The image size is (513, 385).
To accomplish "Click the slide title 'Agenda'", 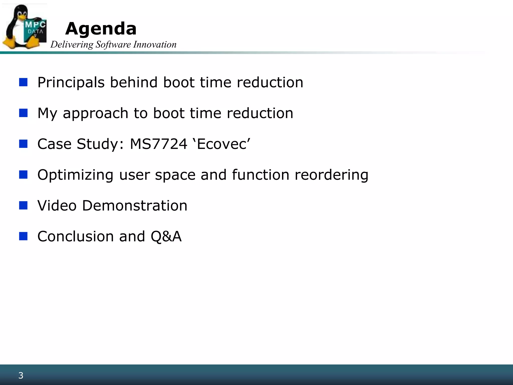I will pyautogui.click(x=101, y=29).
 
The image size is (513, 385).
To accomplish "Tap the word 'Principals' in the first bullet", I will pyautogui.click(x=71, y=82).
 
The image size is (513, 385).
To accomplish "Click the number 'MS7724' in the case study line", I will pyautogui.click(x=159, y=144).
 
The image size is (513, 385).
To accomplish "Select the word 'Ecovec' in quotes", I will pyautogui.click(x=222, y=144).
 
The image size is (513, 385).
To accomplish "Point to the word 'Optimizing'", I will pyautogui.click(x=75, y=175).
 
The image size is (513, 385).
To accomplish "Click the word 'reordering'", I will pyautogui.click(x=331, y=175).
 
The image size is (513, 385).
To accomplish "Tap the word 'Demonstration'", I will pyautogui.click(x=135, y=206).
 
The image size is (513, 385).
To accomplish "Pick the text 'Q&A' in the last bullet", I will pyautogui.click(x=166, y=236).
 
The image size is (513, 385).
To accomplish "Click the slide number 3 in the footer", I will pyautogui.click(x=21, y=375).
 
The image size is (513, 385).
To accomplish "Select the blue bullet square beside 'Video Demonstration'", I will pyautogui.click(x=23, y=206).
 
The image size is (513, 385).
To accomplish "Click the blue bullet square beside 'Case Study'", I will pyautogui.click(x=23, y=144).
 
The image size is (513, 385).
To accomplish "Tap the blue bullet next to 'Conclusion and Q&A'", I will pyautogui.click(x=23, y=236).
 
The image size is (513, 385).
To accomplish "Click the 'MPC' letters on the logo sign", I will pyautogui.click(x=35, y=25).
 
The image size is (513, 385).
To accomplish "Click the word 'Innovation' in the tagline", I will pyautogui.click(x=155, y=45).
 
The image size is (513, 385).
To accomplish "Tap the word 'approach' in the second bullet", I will pyautogui.click(x=95, y=114).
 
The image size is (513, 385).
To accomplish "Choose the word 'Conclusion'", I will pyautogui.click(x=76, y=236).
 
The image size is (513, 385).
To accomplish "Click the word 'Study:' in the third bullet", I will pyautogui.click(x=100, y=144).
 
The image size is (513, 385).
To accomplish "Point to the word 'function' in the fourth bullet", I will pyautogui.click(x=261, y=175).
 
